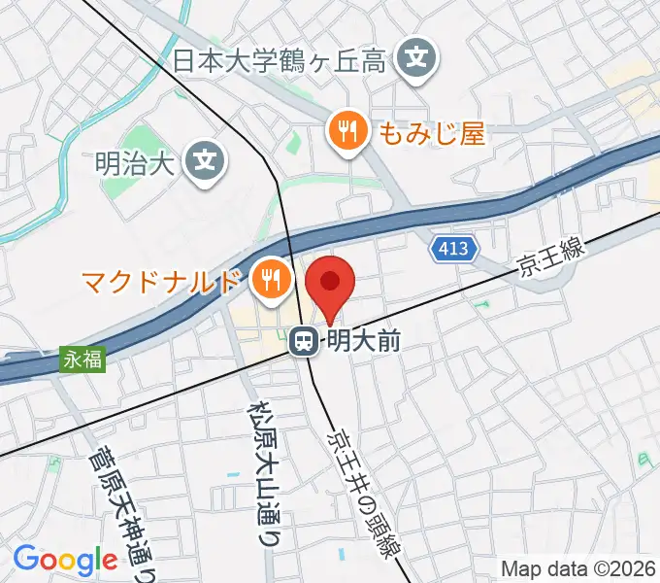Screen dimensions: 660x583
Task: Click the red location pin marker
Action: tap(330, 285)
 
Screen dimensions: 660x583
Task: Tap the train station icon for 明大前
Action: tap(304, 340)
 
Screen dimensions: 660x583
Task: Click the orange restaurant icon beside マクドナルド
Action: tap(268, 280)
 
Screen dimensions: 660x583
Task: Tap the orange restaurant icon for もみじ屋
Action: tap(347, 130)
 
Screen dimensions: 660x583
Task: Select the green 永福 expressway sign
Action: tap(84, 359)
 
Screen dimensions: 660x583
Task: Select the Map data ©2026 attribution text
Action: tap(578, 567)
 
